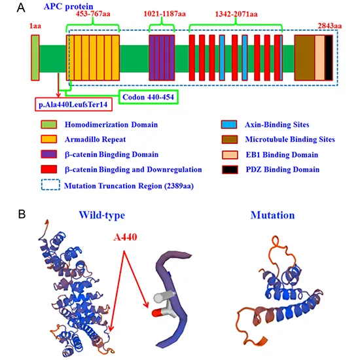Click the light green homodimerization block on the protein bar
point(35,58)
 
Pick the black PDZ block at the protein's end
point(329,58)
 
